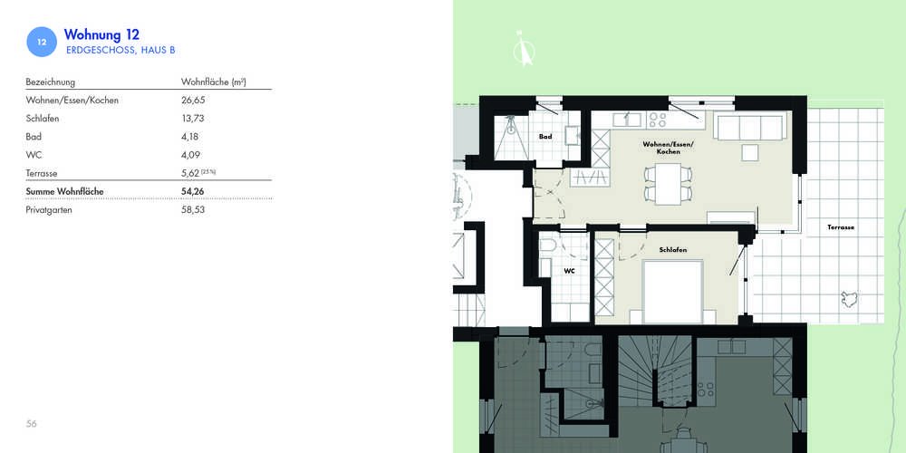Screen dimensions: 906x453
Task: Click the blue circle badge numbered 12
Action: (x=42, y=42)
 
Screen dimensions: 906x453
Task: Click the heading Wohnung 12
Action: (x=101, y=34)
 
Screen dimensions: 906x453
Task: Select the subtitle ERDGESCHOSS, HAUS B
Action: (x=120, y=50)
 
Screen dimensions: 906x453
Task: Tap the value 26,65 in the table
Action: (x=193, y=100)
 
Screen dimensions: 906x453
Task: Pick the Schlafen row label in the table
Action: (x=43, y=119)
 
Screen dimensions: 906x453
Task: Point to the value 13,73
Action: (x=193, y=119)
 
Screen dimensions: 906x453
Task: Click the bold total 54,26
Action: (x=193, y=191)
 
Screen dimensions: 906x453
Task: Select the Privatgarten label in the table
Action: (x=49, y=210)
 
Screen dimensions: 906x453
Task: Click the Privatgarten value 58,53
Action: (x=193, y=210)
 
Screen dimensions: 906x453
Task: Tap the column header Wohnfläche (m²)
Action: (x=214, y=82)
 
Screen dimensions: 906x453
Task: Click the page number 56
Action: (x=31, y=423)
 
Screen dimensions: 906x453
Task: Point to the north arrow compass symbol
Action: (x=524, y=48)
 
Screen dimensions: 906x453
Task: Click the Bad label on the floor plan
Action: (x=545, y=137)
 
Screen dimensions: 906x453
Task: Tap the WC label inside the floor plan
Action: (x=569, y=270)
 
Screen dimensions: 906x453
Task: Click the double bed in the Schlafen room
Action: (x=673, y=292)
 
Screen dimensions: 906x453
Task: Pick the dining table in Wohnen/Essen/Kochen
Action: (x=668, y=183)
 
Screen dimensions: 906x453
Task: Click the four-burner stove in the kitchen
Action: (x=658, y=120)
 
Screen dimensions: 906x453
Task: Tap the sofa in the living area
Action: (x=750, y=127)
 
